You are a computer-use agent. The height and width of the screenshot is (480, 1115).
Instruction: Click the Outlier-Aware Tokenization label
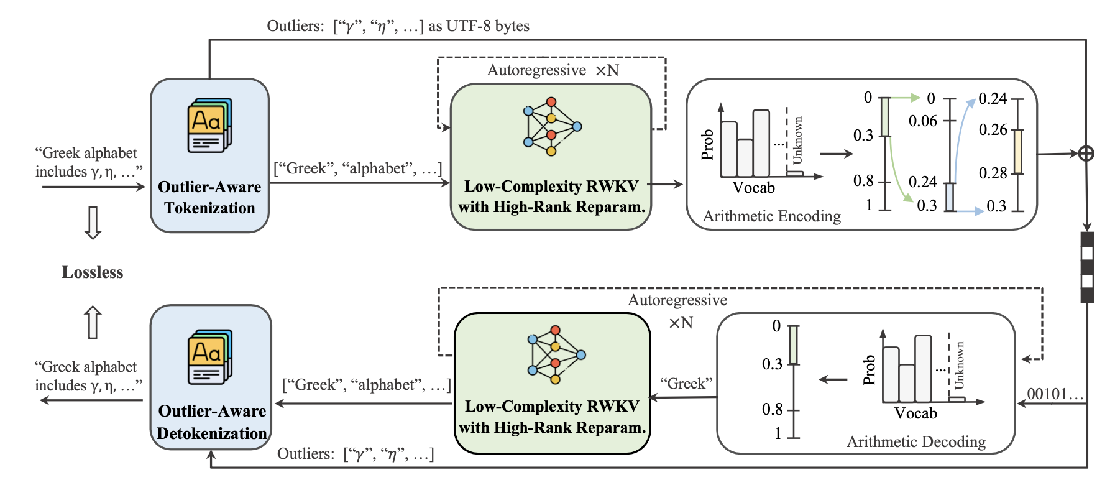tap(209, 197)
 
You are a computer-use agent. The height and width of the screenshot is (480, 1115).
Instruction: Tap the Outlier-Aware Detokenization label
tap(212, 422)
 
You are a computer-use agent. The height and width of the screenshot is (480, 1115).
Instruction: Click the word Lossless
tap(93, 272)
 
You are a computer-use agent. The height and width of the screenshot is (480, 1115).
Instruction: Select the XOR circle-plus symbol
tap(1086, 153)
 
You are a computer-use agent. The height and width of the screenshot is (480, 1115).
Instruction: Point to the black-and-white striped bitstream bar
tap(1087, 267)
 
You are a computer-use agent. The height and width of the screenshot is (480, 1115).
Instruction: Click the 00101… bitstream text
tap(1055, 394)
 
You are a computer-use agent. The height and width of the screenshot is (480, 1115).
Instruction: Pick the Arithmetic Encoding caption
tap(771, 216)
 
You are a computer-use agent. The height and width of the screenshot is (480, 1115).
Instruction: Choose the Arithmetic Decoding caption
tap(915, 441)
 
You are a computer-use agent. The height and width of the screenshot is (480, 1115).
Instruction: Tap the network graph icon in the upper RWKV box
tap(551, 126)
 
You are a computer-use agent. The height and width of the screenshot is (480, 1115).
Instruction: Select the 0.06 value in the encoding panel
tap(922, 121)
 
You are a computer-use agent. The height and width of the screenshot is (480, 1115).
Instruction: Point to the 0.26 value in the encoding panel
tap(993, 129)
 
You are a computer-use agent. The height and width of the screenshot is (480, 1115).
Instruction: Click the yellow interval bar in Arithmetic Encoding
tap(1018, 152)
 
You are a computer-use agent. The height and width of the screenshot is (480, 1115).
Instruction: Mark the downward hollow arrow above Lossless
tap(93, 223)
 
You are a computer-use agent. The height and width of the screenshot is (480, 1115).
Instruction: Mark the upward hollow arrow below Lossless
tap(93, 322)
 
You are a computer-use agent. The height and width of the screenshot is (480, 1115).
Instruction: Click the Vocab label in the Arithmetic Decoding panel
tap(915, 413)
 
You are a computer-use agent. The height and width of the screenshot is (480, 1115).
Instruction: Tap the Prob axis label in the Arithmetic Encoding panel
tap(707, 145)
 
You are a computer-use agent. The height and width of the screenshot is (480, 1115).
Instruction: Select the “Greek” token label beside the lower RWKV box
tap(686, 384)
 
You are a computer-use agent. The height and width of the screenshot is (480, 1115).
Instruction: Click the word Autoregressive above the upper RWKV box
tap(536, 70)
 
